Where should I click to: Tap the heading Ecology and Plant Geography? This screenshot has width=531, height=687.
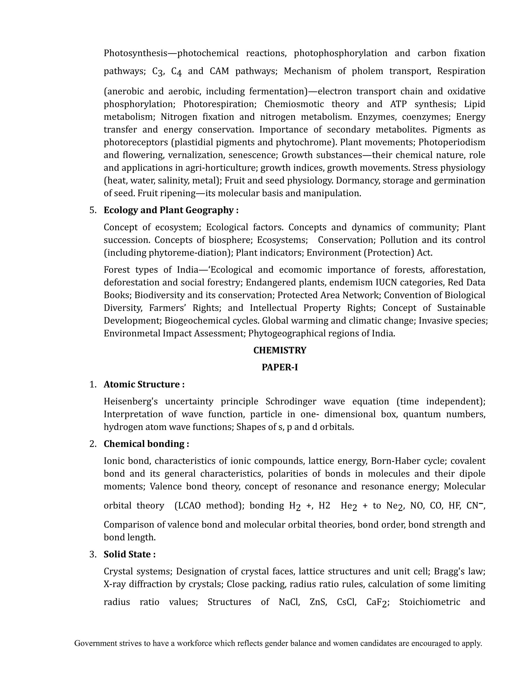pos(171,210)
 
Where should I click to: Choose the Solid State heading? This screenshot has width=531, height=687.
pos(129,554)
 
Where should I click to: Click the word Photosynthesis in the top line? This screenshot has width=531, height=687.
pos(135,53)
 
